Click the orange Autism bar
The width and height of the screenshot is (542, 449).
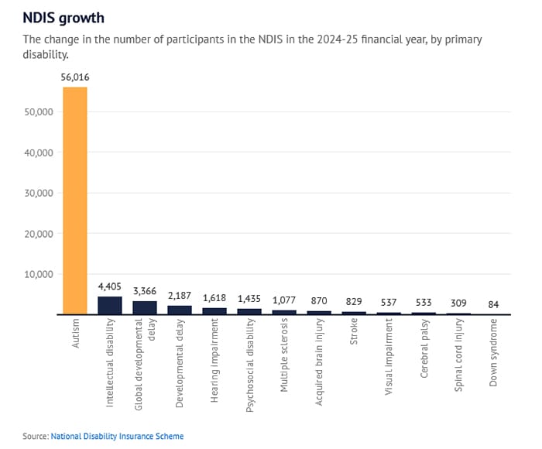tap(74, 201)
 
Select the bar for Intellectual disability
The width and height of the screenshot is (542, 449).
tap(109, 306)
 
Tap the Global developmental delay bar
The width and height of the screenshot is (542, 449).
tap(144, 307)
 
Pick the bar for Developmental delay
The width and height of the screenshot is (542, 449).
tap(179, 310)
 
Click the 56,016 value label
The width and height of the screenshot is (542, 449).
tap(74, 77)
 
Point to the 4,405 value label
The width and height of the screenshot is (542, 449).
tap(109, 286)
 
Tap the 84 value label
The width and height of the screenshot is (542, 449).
tap(493, 304)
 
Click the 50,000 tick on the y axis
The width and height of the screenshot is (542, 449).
tap(38, 111)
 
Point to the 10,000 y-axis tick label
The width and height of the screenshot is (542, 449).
tap(38, 274)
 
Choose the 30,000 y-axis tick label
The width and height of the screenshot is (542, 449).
tap(38, 193)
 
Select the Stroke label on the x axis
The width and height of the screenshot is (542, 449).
tap(353, 338)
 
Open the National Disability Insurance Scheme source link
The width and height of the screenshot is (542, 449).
tap(117, 436)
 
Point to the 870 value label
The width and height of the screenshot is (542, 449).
tap(318, 301)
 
